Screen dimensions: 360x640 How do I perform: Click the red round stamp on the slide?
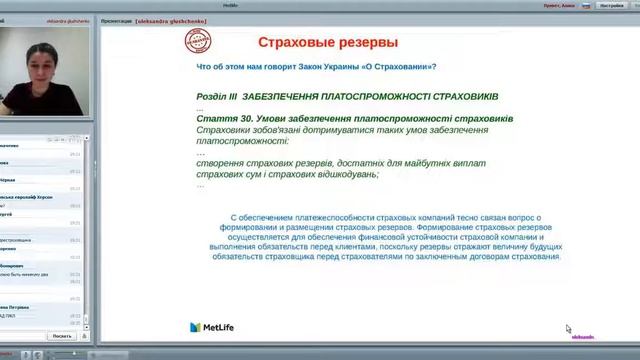tap(199, 41)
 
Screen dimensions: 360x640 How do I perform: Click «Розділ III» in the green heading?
tap(217, 96)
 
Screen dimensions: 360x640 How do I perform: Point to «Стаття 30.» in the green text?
tap(223, 118)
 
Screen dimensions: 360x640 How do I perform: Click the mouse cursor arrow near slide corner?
tap(568, 328)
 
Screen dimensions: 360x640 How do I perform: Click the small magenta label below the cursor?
tap(582, 337)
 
